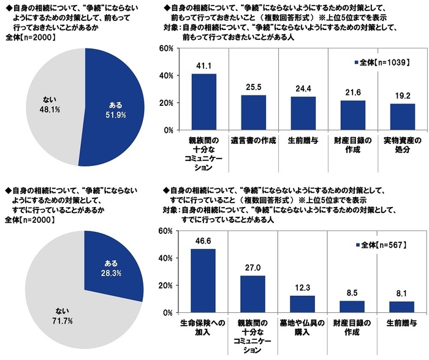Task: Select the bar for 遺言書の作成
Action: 252,113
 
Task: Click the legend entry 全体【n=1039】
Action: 378,62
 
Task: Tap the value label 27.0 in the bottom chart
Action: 252,267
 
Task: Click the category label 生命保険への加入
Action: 203,326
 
